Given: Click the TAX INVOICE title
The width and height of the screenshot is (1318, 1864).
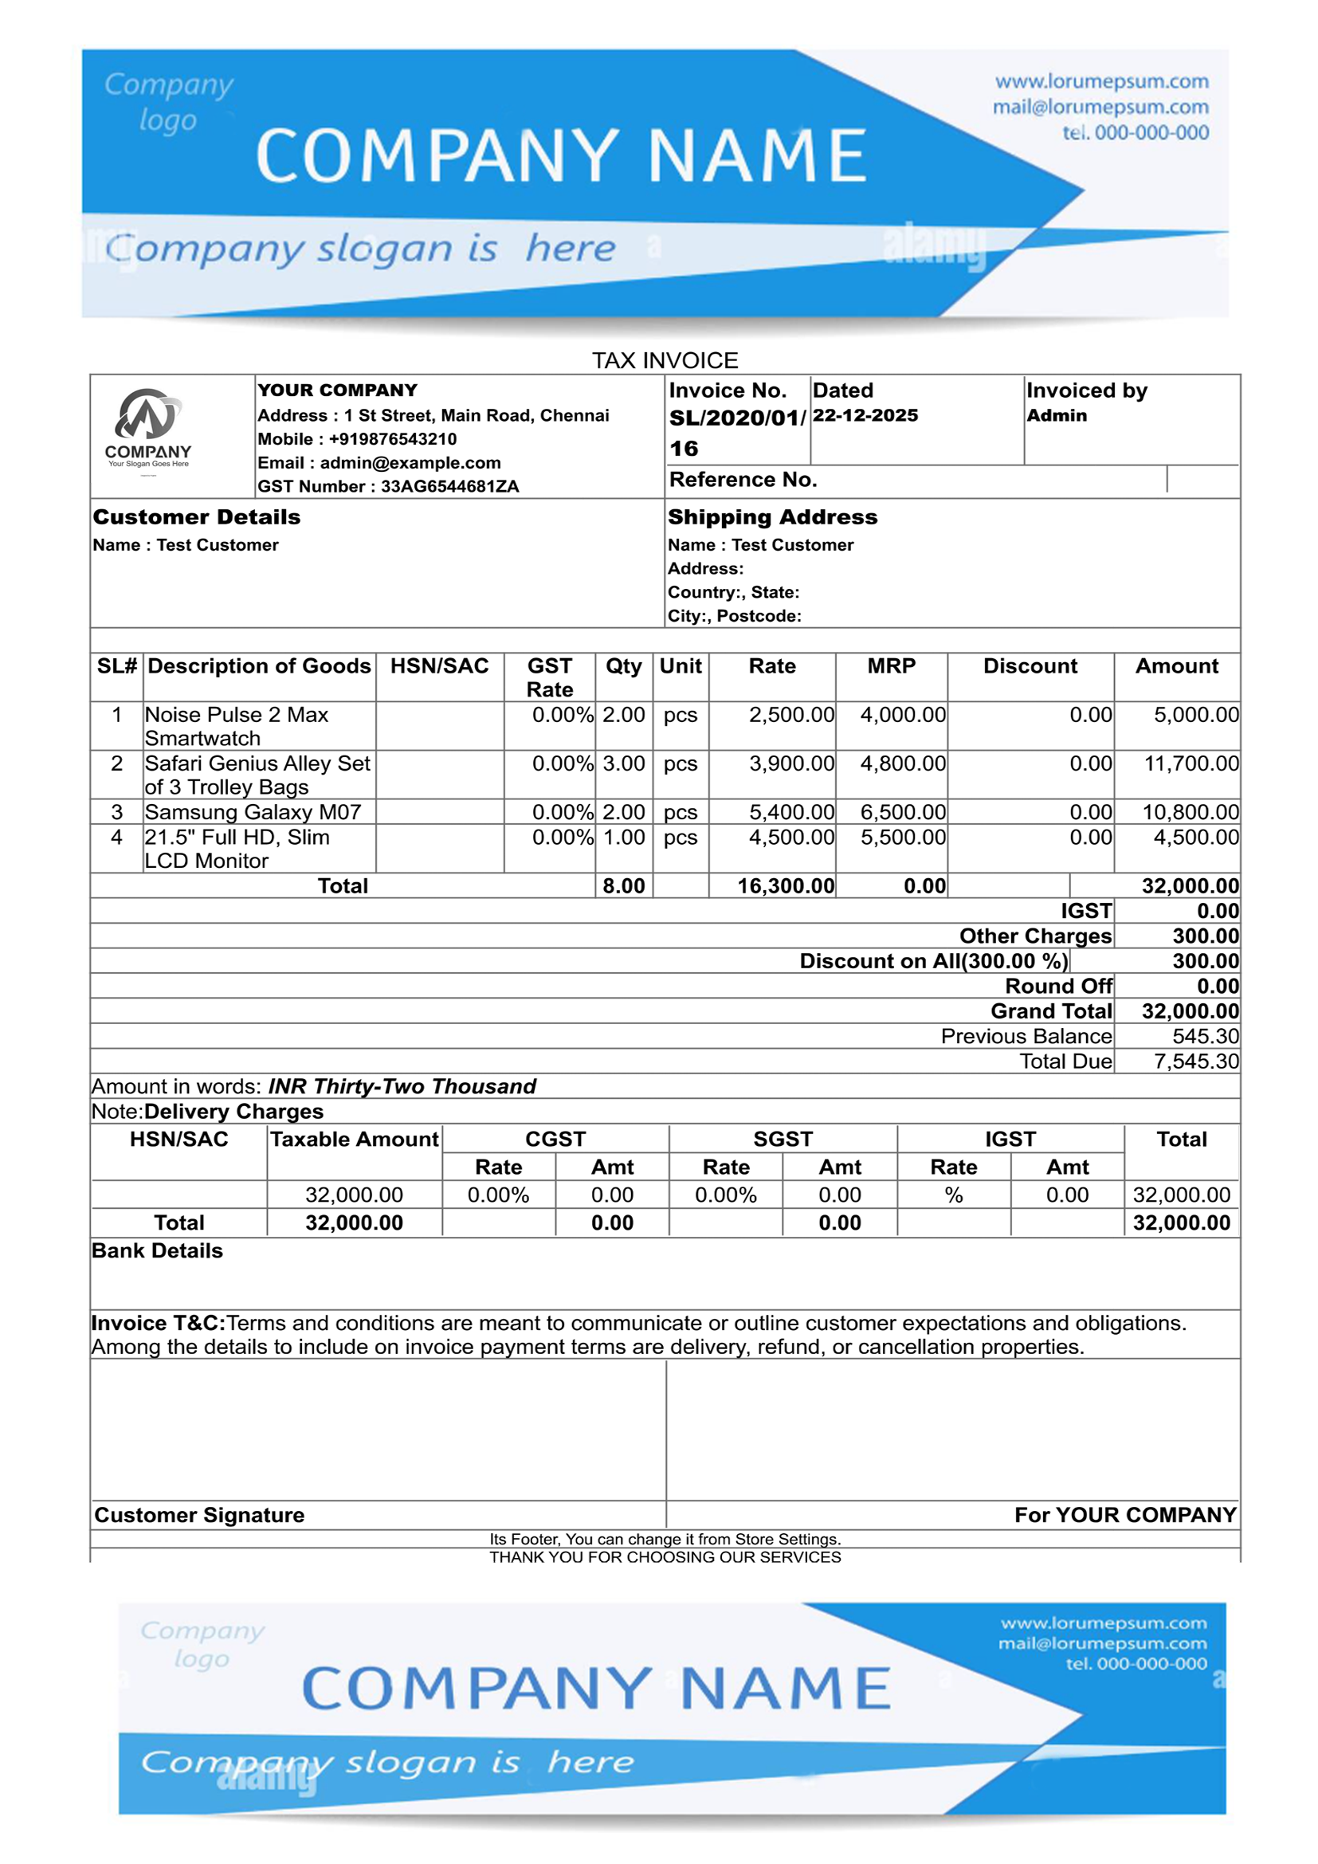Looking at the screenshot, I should (x=665, y=360).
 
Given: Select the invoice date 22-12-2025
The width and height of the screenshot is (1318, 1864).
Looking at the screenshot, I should (x=865, y=416).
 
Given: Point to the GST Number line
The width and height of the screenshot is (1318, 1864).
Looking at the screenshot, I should (x=388, y=486).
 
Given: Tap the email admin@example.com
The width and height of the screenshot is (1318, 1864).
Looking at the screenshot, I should (x=379, y=463).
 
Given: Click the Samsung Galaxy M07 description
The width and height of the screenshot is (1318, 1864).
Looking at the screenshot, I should (x=253, y=812).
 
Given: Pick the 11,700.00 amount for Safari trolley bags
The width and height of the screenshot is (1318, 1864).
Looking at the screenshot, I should (x=1191, y=763).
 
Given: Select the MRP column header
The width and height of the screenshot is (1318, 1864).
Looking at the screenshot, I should (x=891, y=666).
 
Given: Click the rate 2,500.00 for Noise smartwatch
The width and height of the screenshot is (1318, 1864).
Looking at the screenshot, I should (x=791, y=714).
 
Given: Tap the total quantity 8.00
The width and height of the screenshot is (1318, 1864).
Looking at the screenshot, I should (x=623, y=885).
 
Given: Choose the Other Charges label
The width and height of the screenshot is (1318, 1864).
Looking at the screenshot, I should (x=1035, y=936).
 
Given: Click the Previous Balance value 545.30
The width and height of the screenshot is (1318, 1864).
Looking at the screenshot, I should (x=1205, y=1036).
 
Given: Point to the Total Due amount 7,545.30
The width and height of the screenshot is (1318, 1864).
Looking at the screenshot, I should (x=1196, y=1061).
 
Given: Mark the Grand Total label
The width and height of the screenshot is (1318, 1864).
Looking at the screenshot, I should (x=1051, y=1010).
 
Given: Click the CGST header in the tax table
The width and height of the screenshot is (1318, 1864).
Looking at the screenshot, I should (x=555, y=1139).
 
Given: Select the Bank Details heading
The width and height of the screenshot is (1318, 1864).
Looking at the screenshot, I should (x=158, y=1250).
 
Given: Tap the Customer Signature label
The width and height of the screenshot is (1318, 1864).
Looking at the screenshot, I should (x=200, y=1515).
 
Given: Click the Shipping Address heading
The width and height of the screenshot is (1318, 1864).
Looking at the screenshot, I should (x=773, y=517).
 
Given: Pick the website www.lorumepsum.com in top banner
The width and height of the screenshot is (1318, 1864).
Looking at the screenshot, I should (x=1101, y=82).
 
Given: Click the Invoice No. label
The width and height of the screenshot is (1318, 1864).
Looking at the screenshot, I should (x=728, y=390).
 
